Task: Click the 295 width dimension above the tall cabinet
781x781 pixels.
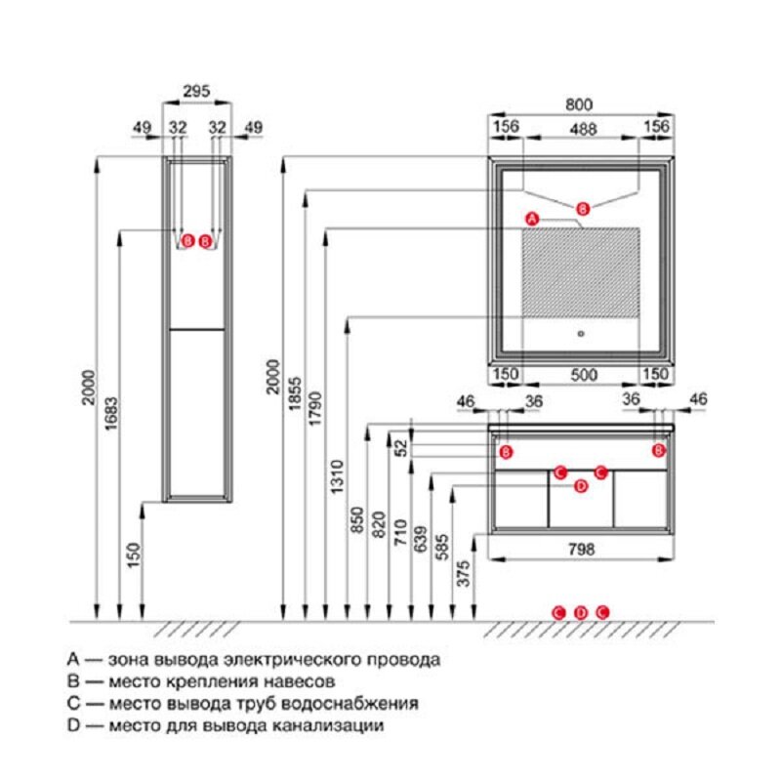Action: (x=197, y=90)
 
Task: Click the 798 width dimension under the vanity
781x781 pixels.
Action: (x=582, y=549)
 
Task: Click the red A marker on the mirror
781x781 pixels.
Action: (x=532, y=219)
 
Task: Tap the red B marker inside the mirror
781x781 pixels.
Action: (x=583, y=208)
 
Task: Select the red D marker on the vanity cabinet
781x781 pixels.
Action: (x=580, y=486)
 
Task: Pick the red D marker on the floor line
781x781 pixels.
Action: (x=580, y=612)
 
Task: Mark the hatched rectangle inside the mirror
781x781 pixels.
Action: (x=581, y=273)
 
